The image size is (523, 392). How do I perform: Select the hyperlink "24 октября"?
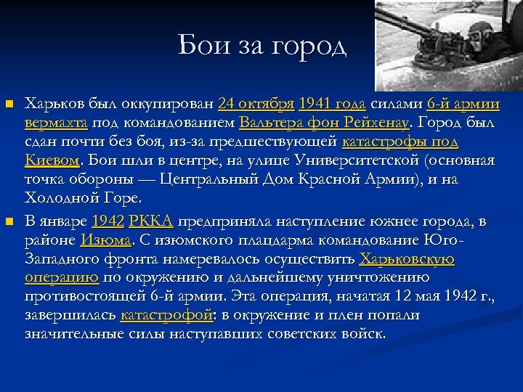tap(255, 102)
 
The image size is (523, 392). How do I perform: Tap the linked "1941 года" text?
tap(332, 102)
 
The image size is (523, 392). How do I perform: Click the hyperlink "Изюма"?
tap(106, 240)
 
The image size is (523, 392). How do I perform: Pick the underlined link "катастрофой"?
tap(166, 315)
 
